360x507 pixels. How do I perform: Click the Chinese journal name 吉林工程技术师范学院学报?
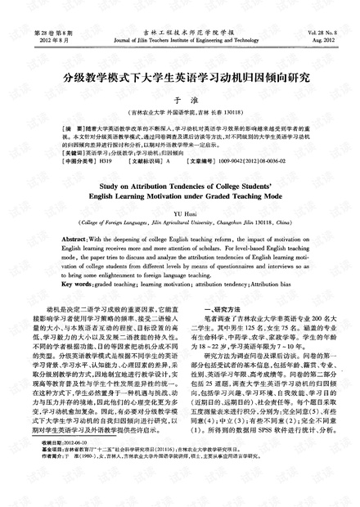click(179, 29)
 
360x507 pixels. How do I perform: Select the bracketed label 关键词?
click(61, 152)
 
